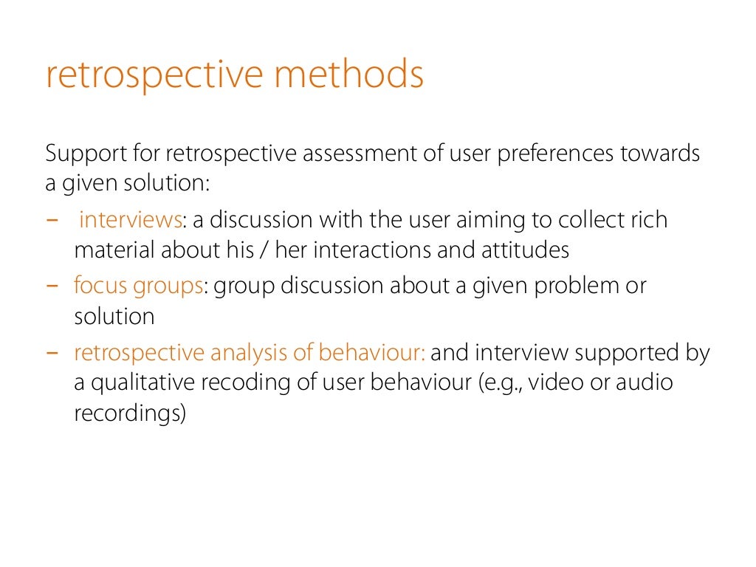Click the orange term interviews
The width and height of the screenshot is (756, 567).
pyautogui.click(x=130, y=220)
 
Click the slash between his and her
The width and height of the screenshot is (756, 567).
pyautogui.click(x=261, y=250)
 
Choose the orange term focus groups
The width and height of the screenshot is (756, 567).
pyautogui.click(x=138, y=286)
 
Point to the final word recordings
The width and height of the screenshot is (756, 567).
pyautogui.click(x=128, y=413)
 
